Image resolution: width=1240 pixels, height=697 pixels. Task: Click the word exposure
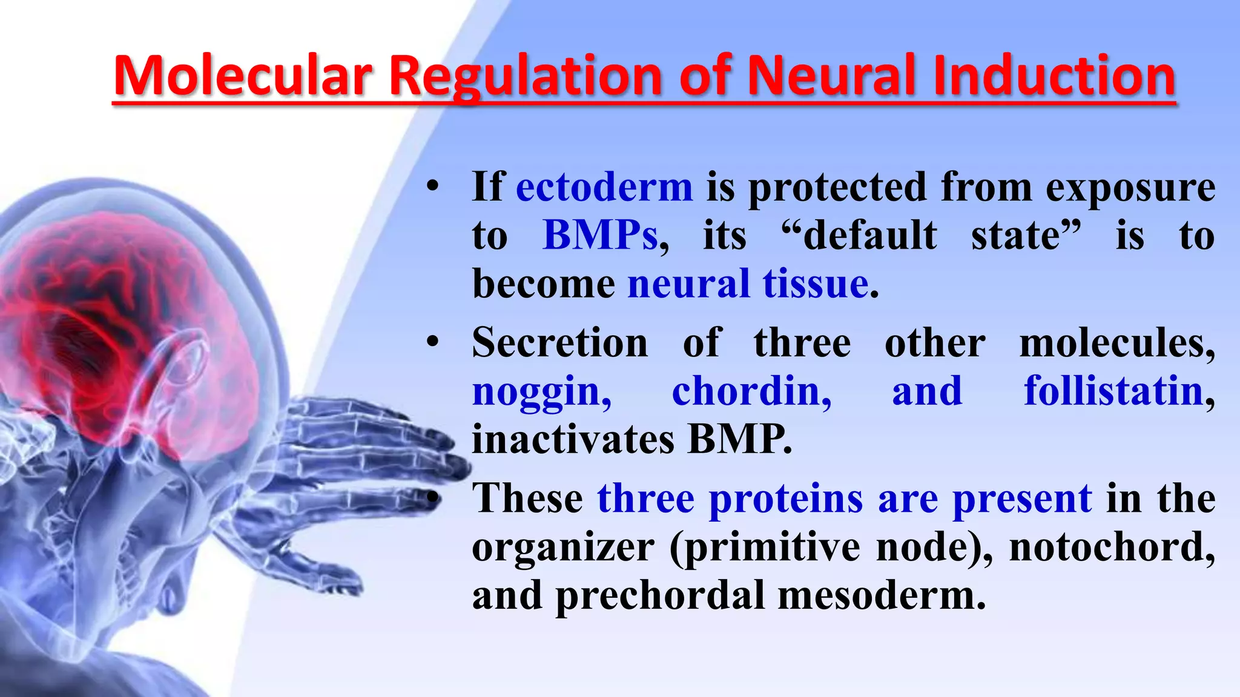(x=1130, y=188)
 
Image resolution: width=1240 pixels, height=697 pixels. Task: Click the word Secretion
(x=560, y=342)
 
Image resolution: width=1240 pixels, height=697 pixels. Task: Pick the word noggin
(x=541, y=392)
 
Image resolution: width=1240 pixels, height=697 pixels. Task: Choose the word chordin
(x=750, y=391)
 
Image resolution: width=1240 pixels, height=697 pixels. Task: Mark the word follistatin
(x=1113, y=391)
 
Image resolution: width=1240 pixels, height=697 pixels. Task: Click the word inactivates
(x=573, y=439)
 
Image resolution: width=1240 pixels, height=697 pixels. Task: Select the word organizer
(x=563, y=548)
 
